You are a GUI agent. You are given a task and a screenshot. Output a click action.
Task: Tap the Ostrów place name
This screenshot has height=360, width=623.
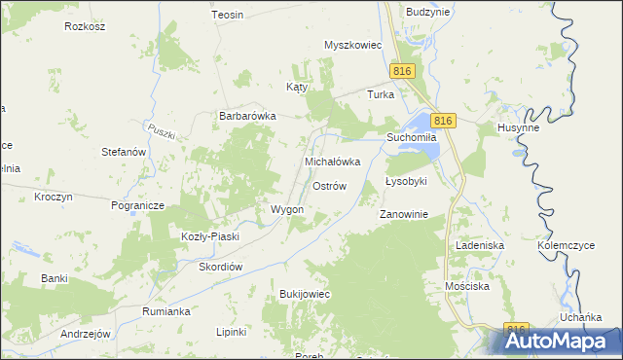329,186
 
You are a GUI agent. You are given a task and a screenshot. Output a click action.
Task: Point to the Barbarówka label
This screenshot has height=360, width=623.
247,115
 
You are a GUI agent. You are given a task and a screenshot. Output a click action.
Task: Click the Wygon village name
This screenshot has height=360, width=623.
286,209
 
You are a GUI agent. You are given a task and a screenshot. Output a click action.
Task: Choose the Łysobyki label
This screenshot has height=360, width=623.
406,182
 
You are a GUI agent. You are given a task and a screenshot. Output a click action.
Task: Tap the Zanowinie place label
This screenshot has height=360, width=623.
403,215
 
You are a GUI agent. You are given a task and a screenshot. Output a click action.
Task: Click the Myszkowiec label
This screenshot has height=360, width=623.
353,45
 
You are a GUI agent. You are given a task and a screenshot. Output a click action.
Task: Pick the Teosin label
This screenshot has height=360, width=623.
227,16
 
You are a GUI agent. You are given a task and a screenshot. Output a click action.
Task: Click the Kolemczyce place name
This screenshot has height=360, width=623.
567,246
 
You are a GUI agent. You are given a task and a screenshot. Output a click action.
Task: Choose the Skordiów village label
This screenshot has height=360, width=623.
220,267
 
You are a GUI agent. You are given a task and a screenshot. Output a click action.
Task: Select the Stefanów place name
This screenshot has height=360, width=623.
124,153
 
